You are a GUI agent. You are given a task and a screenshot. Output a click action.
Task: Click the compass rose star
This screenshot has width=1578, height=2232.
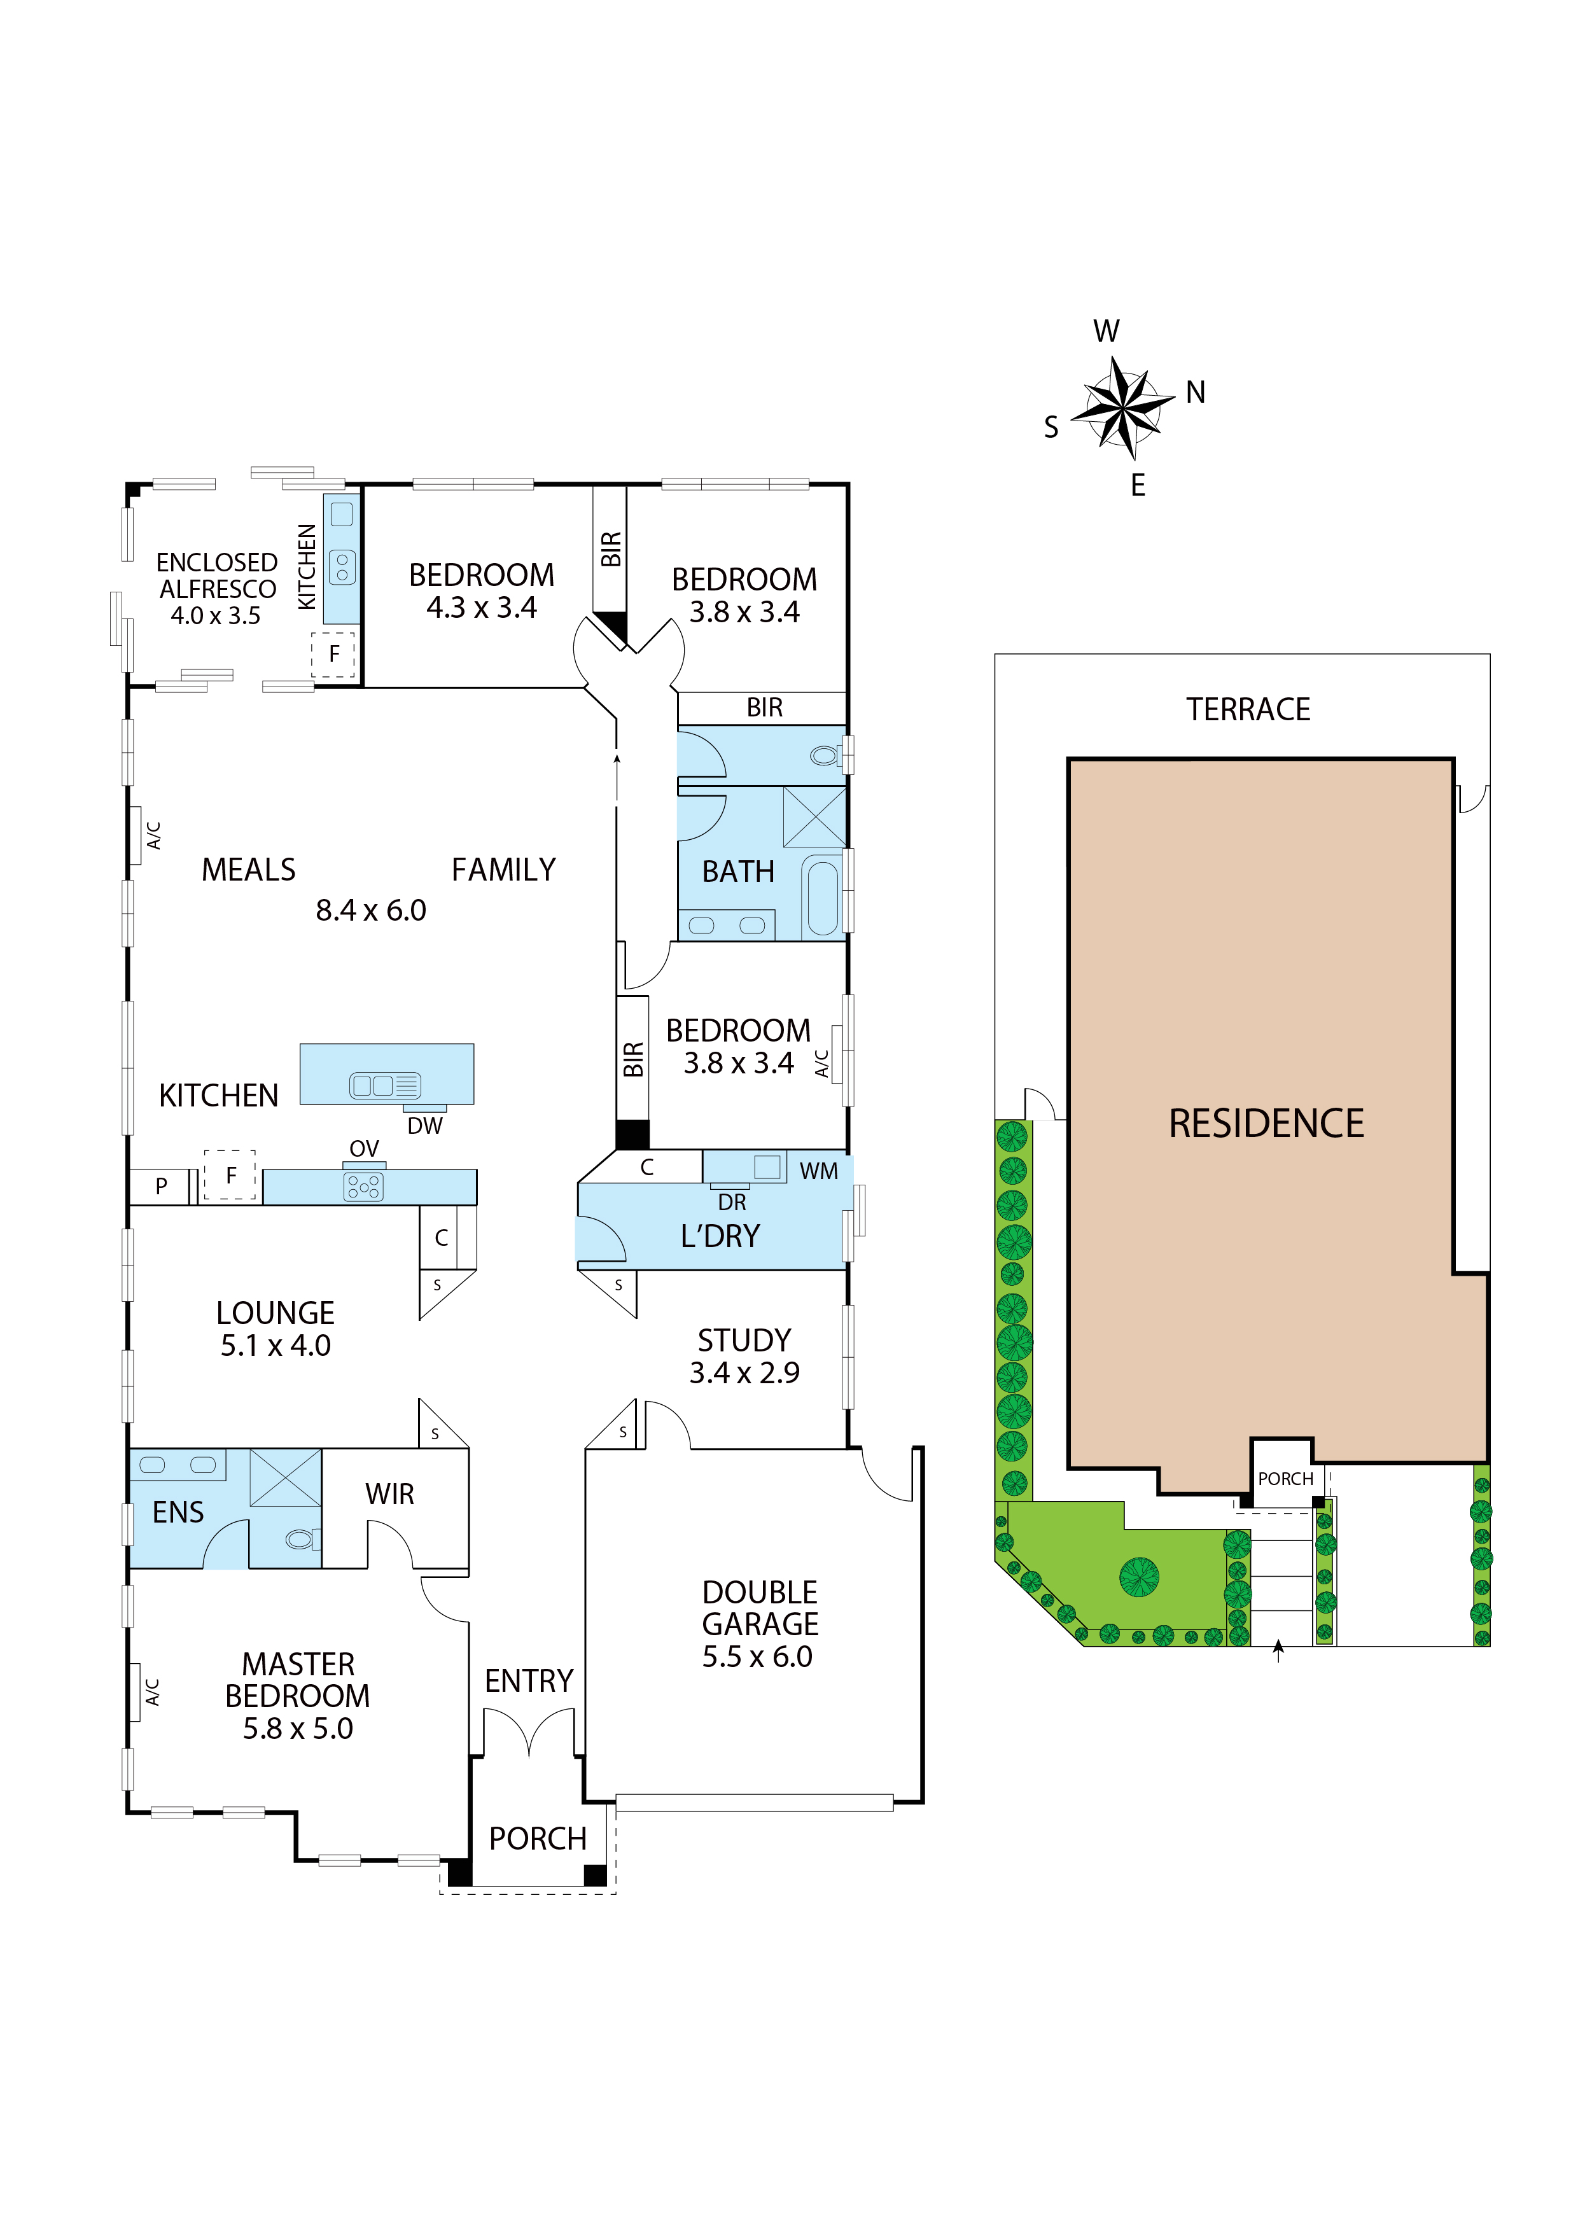[x=1123, y=407]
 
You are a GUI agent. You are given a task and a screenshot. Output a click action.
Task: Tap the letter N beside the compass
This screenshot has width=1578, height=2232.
[x=1195, y=392]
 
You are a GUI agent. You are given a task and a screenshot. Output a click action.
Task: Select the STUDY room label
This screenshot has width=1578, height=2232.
[x=744, y=1339]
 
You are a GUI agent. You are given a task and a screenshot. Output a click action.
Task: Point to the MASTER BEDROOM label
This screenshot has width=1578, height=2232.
[x=298, y=1679]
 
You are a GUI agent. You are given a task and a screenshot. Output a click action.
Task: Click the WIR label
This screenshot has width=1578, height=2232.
[x=390, y=1493]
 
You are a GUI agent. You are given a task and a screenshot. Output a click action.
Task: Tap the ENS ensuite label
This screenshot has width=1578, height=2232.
[x=178, y=1512]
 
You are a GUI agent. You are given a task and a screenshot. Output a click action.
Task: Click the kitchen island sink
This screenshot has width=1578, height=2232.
[x=384, y=1086]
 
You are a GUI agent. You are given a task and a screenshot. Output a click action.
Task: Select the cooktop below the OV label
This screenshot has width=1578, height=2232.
[x=363, y=1186]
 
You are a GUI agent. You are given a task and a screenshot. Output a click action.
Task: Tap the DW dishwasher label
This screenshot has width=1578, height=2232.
[x=425, y=1126]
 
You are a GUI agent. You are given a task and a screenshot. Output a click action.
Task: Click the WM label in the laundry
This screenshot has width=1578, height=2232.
[x=819, y=1171]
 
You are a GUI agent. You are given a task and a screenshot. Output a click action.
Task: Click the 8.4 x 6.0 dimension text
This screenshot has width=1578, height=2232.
[x=370, y=910]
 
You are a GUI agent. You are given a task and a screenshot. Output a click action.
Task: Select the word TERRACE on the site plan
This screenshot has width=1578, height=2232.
[x=1248, y=709]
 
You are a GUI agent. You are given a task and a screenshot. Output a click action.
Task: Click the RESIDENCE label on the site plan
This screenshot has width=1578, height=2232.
[x=1266, y=1123]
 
